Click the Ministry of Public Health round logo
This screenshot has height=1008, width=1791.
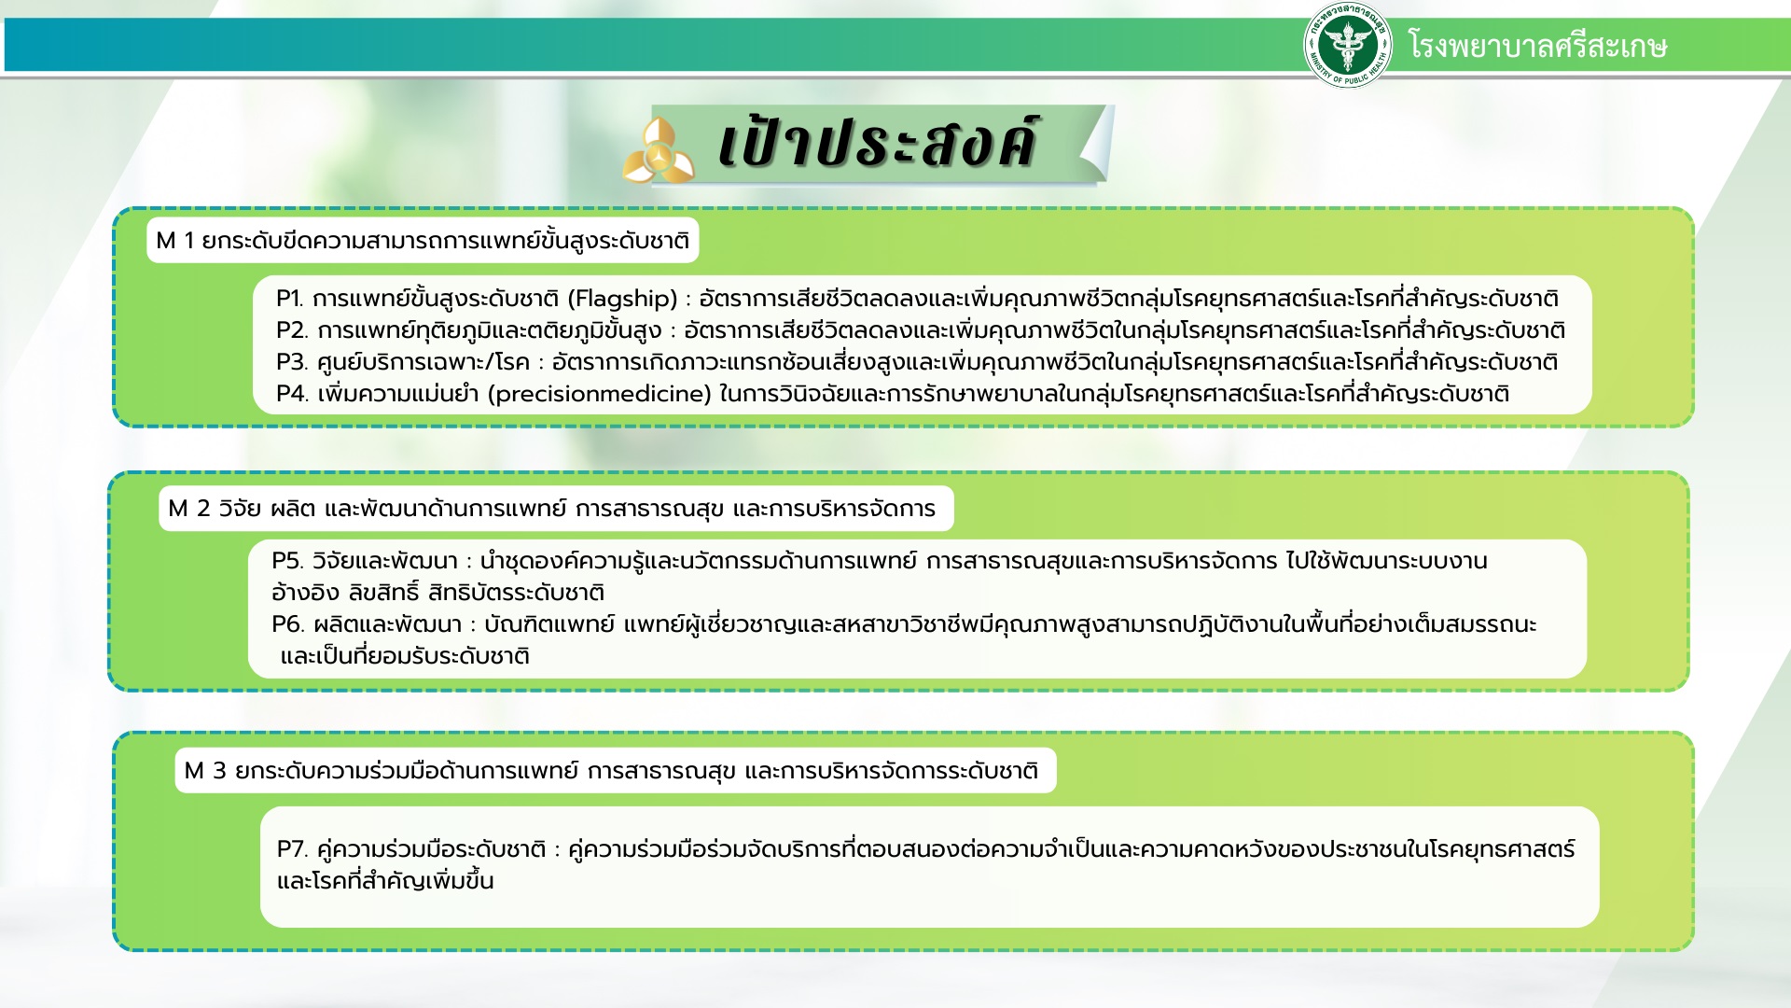[1347, 45]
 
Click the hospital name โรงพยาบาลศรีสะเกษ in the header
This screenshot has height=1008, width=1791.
[1538, 46]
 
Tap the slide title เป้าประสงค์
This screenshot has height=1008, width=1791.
[877, 144]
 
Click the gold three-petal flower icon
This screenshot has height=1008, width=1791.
[659, 150]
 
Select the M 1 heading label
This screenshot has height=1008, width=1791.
[423, 241]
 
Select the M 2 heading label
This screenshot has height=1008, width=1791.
[556, 509]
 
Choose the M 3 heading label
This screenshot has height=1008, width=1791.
[616, 771]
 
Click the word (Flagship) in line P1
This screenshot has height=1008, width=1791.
[622, 299]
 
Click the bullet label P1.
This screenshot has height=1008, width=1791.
[290, 299]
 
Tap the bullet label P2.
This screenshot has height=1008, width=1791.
[292, 330]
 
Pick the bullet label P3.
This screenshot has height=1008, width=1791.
[292, 362]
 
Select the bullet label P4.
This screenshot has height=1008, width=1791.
[292, 394]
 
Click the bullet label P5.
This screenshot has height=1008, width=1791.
[287, 561]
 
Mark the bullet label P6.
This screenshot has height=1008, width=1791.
[287, 623]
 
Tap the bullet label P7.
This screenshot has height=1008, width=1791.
[292, 849]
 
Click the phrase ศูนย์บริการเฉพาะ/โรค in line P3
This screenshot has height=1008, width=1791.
[423, 362]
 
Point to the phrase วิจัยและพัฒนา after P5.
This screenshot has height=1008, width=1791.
[385, 561]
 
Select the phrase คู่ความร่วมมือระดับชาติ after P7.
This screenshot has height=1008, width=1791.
[431, 849]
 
